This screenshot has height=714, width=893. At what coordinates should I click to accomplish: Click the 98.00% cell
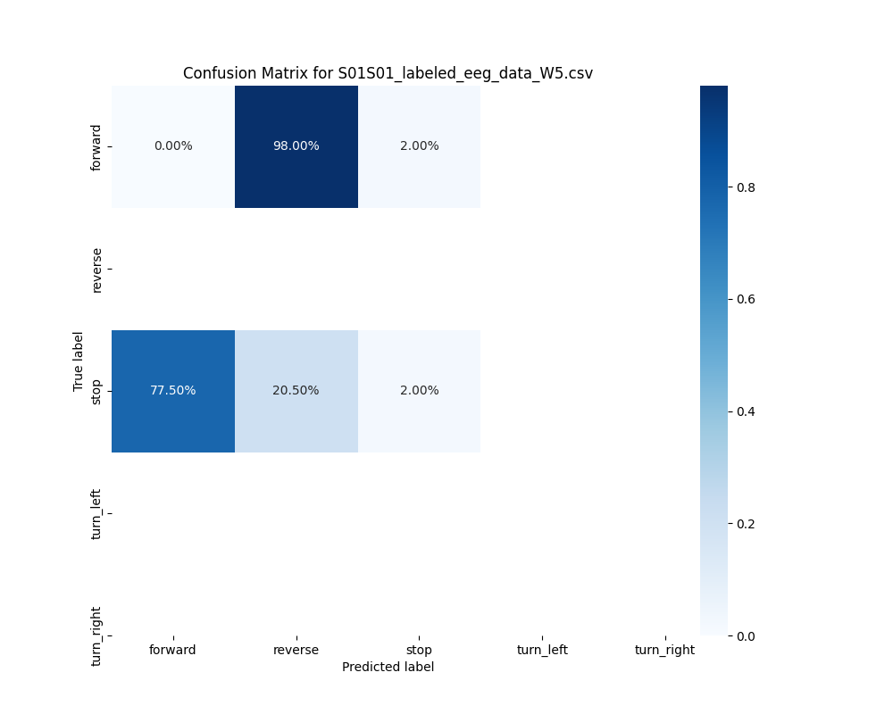pos(296,146)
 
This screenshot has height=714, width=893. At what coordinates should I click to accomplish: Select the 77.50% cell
pos(173,391)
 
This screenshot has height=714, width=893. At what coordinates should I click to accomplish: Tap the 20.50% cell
pos(296,391)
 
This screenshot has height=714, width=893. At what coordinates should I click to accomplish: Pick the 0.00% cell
pos(173,146)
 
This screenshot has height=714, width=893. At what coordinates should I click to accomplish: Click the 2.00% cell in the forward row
pos(419,146)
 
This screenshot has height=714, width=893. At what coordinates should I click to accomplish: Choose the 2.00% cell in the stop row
pos(419,391)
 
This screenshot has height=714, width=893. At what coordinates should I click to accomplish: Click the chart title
pos(388,73)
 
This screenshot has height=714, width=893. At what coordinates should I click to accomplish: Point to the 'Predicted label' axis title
pos(388,667)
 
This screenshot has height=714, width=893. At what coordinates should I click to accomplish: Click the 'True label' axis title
pos(79,361)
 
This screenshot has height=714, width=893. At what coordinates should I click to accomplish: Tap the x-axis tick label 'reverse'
pos(296,650)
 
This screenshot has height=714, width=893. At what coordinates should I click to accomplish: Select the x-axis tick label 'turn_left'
pos(542,650)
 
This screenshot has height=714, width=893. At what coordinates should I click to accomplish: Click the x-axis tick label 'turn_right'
pos(664,650)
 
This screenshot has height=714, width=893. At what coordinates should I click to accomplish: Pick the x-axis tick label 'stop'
pos(419,650)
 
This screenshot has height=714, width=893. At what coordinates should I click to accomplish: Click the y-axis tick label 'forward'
pos(96,146)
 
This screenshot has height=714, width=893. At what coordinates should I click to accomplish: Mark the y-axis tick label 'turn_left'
pos(96,513)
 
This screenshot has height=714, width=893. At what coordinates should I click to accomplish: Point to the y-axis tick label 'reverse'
pos(96,270)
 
